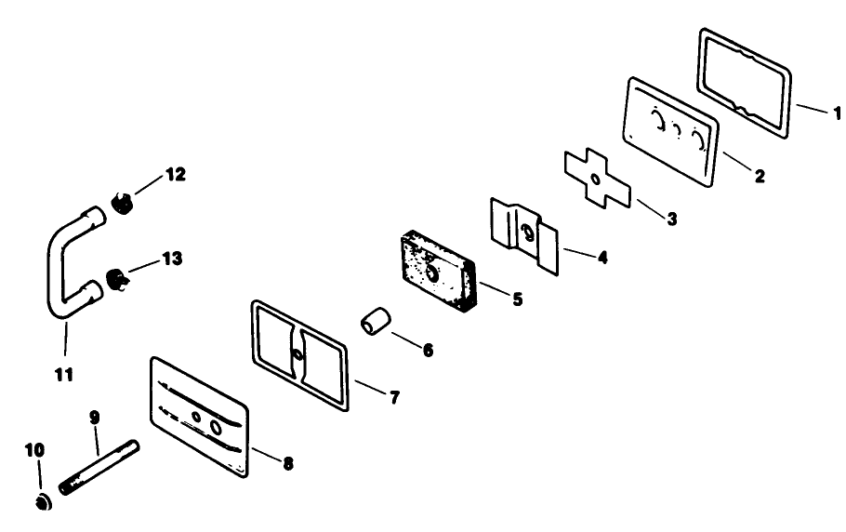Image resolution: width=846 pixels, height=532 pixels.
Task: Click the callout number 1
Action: (837, 113)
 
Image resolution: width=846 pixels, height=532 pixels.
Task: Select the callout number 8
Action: (287, 462)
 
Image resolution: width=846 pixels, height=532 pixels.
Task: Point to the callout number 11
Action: (63, 375)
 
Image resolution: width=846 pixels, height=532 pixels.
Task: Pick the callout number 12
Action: (175, 174)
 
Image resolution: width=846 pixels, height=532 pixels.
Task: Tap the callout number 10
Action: (34, 450)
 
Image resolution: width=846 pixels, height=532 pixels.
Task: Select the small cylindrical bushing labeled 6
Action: (375, 323)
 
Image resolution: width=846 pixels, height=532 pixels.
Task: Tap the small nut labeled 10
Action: (41, 503)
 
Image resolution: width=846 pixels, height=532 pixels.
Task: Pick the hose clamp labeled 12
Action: (123, 201)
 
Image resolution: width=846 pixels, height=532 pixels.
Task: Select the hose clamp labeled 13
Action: (114, 278)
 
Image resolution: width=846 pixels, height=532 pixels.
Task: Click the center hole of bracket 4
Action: (528, 232)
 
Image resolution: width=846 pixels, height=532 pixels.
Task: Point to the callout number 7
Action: (394, 397)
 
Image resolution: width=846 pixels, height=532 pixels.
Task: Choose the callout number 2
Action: (760, 175)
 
